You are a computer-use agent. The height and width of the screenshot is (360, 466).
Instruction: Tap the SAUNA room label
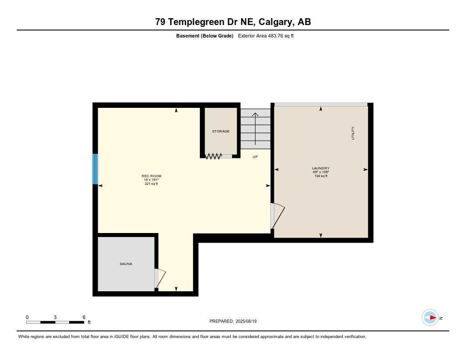pyautogui.click(x=126, y=264)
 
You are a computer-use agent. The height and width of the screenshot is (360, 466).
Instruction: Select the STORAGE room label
pyautogui.click(x=221, y=131)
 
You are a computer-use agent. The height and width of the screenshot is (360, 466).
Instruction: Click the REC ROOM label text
pyautogui.click(x=152, y=176)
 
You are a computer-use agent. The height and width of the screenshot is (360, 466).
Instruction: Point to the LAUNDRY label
pyautogui.click(x=320, y=168)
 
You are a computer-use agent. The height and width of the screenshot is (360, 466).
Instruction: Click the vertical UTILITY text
pyautogui.click(x=353, y=133)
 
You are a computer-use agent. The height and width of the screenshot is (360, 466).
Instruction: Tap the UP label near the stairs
pyautogui.click(x=255, y=157)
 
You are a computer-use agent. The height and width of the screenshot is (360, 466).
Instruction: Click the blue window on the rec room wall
pyautogui.click(x=95, y=169)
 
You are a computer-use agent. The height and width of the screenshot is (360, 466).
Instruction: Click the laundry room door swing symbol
pyautogui.click(x=277, y=216)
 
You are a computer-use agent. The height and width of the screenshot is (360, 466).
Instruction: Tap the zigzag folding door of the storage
pyautogui.click(x=213, y=156)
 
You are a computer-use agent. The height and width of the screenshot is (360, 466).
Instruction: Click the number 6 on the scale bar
pyautogui.click(x=84, y=317)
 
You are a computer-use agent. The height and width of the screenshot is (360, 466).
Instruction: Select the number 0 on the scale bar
pyautogui.click(x=27, y=317)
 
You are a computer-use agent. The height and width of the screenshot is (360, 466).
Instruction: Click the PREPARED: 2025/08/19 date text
pyautogui.click(x=233, y=321)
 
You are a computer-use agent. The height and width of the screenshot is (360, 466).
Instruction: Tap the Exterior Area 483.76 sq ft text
pyautogui.click(x=266, y=35)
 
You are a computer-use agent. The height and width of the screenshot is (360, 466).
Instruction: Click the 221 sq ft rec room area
pyautogui.click(x=152, y=184)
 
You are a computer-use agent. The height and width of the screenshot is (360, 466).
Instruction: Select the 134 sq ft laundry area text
pyautogui.click(x=320, y=176)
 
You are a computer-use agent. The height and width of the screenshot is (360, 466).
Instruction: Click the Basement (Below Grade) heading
pyautogui.click(x=204, y=35)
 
